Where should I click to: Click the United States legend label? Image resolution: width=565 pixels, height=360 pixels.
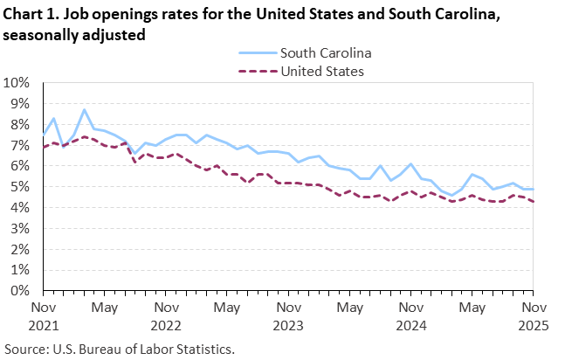[x=321, y=71]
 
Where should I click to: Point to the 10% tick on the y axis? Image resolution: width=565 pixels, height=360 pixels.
[x=17, y=83]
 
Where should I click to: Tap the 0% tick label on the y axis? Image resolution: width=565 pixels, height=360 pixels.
[x=20, y=291]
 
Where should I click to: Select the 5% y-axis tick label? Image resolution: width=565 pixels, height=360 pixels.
[x=20, y=187]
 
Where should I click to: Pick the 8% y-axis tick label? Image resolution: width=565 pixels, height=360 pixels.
[x=20, y=124]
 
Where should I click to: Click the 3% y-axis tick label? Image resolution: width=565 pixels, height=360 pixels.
[x=20, y=229]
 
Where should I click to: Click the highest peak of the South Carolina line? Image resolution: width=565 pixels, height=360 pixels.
[x=84, y=110]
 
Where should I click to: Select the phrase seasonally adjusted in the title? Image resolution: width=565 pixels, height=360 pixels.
[x=73, y=34]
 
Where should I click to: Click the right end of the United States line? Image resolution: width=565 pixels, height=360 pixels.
[x=533, y=202]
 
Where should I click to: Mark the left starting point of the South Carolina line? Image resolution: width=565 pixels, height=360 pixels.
[x=44, y=135]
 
